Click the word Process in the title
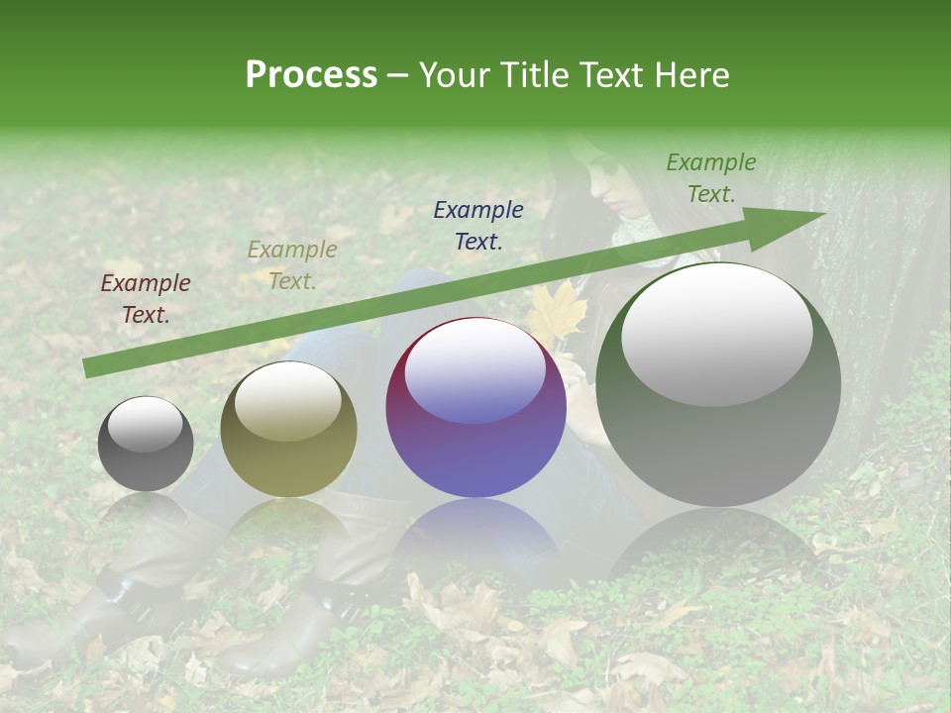(311, 75)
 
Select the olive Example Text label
(292, 265)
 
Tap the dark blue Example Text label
(478, 225)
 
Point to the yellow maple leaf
(557, 313)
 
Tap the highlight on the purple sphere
(475, 370)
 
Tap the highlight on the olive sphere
(288, 402)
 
